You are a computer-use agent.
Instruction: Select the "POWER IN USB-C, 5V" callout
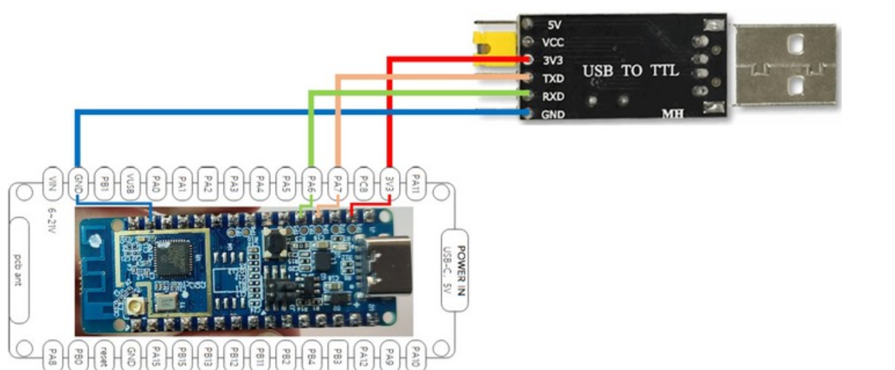tap(454, 269)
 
